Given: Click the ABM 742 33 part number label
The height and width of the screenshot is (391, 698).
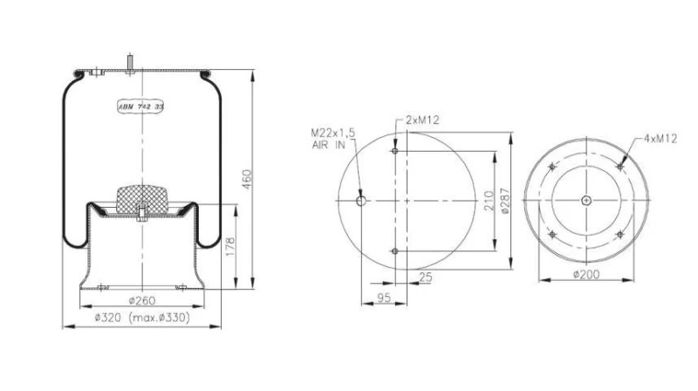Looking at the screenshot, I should pos(140,106).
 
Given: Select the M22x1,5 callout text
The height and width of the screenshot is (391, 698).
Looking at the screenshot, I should pos(334,134).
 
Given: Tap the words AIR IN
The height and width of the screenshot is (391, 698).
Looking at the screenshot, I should pos(328,145).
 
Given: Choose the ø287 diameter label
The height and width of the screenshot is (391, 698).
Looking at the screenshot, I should pos(503,202).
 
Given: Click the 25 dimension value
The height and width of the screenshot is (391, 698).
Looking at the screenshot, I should pos(426,278).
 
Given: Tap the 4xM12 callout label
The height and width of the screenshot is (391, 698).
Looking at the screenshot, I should pos(660,139).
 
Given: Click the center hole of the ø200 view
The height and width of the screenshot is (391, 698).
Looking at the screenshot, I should pos(585,202).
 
